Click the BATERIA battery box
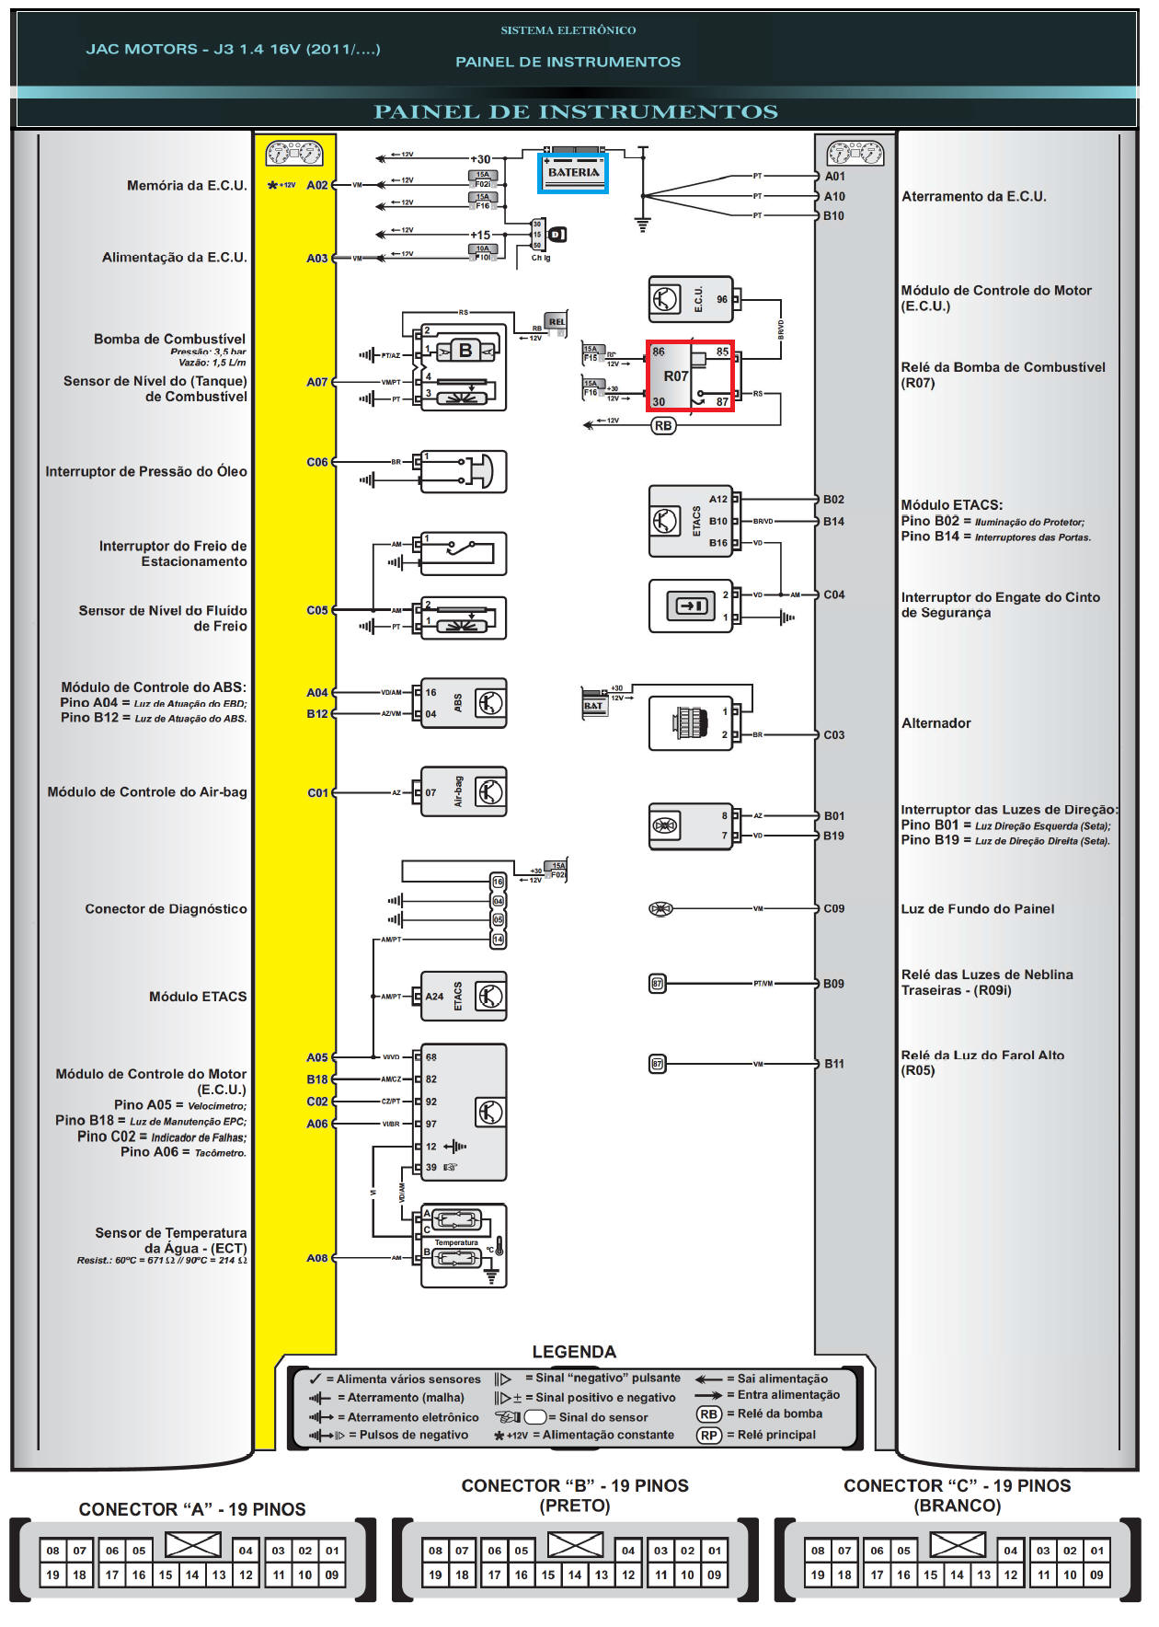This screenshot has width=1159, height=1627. [x=573, y=172]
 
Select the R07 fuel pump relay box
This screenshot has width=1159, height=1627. [x=690, y=375]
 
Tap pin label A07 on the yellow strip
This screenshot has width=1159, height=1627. [x=316, y=382]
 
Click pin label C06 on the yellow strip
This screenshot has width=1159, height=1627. [x=316, y=462]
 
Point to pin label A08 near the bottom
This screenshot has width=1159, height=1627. [x=316, y=1258]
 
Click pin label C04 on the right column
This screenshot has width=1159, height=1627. [x=833, y=594]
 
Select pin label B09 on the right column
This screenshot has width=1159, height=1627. [x=833, y=984]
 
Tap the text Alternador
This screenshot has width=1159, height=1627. [x=935, y=723]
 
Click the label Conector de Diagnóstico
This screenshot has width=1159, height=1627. [x=166, y=909]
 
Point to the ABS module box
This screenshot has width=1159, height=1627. [x=464, y=703]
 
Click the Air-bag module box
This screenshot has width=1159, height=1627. [x=464, y=791]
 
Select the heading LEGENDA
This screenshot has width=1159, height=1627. [x=574, y=1352]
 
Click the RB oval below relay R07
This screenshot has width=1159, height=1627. [x=663, y=426]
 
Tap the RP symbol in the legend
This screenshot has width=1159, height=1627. [x=708, y=1436]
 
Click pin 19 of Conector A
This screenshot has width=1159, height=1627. [x=53, y=1575]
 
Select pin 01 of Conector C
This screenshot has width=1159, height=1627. [x=1096, y=1551]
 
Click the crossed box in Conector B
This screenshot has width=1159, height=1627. [x=575, y=1545]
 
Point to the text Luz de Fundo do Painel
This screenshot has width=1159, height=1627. [x=977, y=909]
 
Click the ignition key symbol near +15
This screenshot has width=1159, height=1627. [x=557, y=235]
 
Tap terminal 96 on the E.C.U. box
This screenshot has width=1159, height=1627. [x=722, y=299]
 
